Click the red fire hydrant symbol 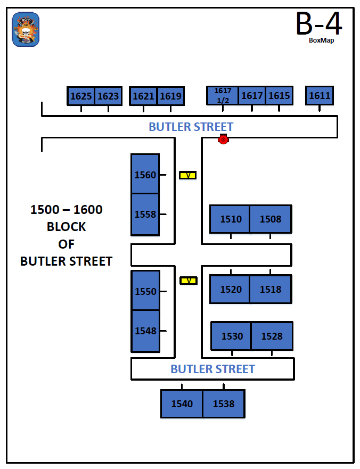click(x=224, y=139)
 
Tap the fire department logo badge click(x=26, y=29)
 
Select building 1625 click(x=81, y=96)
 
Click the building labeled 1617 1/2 click(x=223, y=96)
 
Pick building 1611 click(x=320, y=96)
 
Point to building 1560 click(x=145, y=175)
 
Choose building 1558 click(x=145, y=214)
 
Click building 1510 click(x=231, y=219)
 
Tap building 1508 click(x=271, y=219)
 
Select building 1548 click(x=145, y=331)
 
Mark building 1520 click(x=231, y=289)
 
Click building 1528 click(x=272, y=336)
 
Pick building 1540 click(x=182, y=404)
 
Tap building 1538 click(x=224, y=404)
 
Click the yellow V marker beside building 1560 click(x=187, y=175)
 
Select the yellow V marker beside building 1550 click(x=188, y=281)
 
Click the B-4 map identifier click(x=319, y=23)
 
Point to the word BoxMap click(x=321, y=40)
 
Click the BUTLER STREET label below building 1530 click(x=212, y=369)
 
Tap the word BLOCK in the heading click(x=66, y=227)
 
